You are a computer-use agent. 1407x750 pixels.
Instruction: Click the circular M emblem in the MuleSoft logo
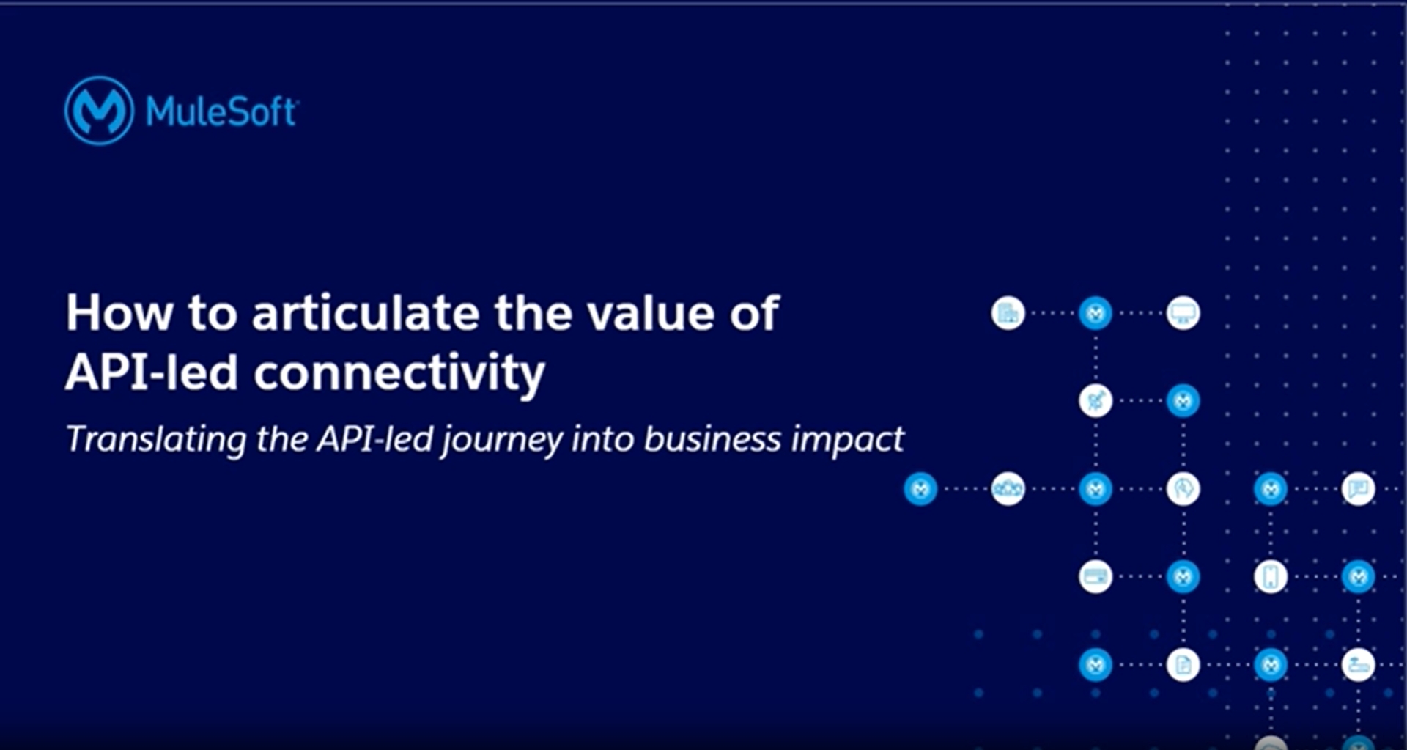click(x=99, y=111)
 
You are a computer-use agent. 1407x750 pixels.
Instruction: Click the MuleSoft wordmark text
click(x=221, y=112)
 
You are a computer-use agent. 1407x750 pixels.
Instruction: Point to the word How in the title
click(x=119, y=313)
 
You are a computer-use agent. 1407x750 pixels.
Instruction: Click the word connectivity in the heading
click(x=399, y=373)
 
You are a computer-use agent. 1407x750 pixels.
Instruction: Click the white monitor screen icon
click(x=1183, y=313)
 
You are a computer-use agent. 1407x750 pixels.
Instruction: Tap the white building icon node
click(x=1008, y=313)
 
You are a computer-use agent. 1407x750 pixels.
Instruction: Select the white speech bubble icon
click(x=1358, y=489)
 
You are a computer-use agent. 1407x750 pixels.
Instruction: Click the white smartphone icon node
click(x=1271, y=577)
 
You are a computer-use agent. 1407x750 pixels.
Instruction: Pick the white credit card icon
click(x=1096, y=577)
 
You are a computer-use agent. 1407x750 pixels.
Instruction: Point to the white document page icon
click(x=1183, y=665)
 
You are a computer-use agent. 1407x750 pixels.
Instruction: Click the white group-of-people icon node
click(x=1008, y=489)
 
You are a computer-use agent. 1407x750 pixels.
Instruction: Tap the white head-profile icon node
click(x=1183, y=489)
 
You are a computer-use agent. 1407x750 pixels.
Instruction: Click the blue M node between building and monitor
click(x=1096, y=313)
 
